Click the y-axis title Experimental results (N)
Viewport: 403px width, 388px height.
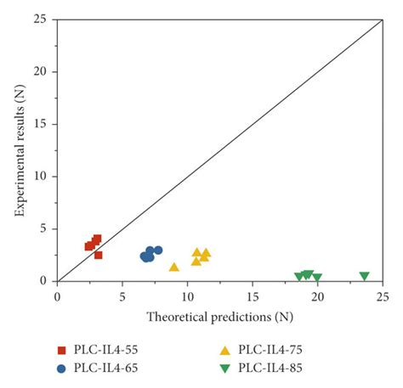(18, 150)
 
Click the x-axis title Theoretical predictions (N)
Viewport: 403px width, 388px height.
(220, 317)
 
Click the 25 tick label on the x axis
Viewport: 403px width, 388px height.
(383, 296)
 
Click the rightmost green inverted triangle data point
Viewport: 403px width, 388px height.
(364, 276)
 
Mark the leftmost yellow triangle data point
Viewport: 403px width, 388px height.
(174, 267)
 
